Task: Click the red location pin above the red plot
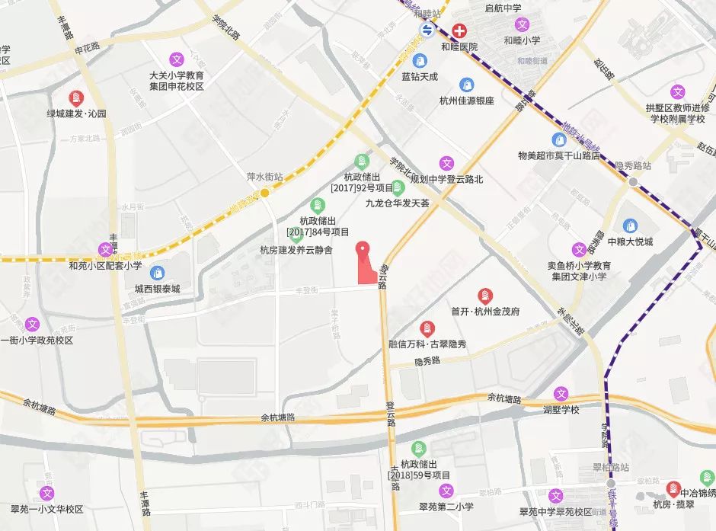(x=364, y=249)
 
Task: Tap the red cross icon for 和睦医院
(x=460, y=30)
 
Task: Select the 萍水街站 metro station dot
(x=264, y=193)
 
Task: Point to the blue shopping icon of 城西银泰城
(x=157, y=273)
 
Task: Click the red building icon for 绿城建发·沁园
(x=76, y=98)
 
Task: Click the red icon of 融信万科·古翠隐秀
(x=427, y=328)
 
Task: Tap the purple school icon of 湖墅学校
(x=561, y=394)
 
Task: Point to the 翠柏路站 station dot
(x=610, y=483)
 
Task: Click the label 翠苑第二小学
(x=446, y=507)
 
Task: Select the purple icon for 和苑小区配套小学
(x=105, y=249)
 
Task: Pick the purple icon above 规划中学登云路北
(x=446, y=163)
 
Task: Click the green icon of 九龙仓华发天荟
(x=396, y=187)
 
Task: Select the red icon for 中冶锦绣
(x=673, y=488)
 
